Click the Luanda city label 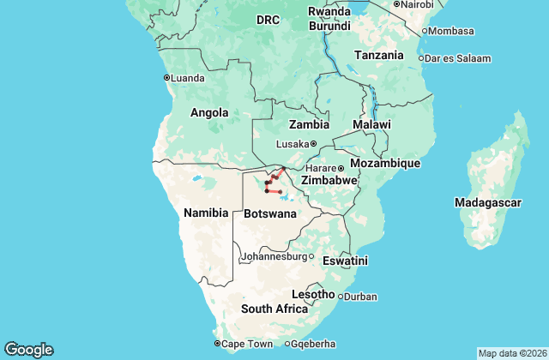[x=187, y=77]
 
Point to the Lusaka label [x=292, y=144]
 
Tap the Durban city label [x=360, y=297]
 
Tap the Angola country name [x=209, y=112]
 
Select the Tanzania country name [x=378, y=55]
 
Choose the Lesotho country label [x=314, y=294]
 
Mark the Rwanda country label [x=330, y=12]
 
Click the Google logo [x=28, y=350]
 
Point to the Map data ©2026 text [x=511, y=353]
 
